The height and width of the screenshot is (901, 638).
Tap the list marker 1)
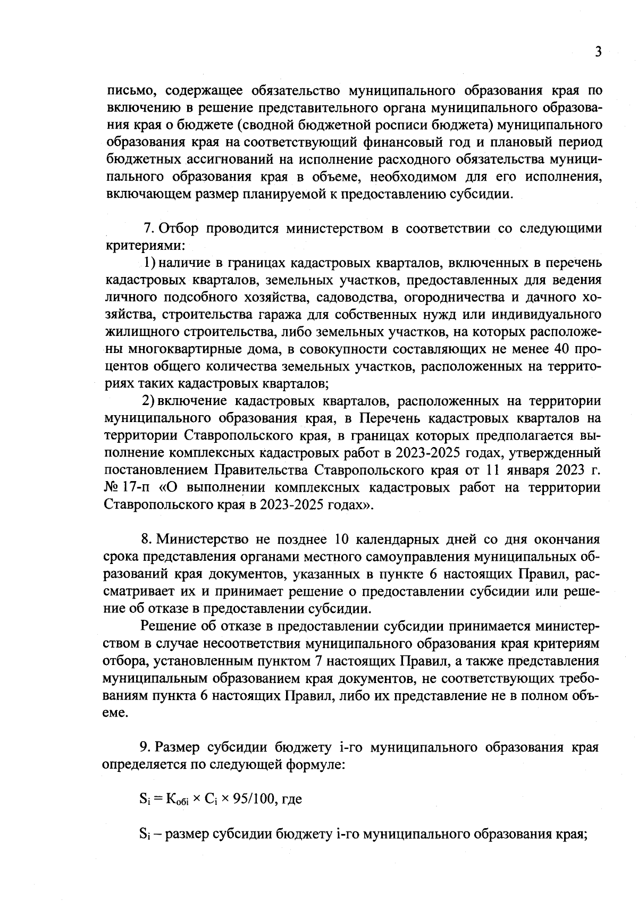[x=150, y=263]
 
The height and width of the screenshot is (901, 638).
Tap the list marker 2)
[x=149, y=401]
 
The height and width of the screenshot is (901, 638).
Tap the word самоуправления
[x=412, y=557]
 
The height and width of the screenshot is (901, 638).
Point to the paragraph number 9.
[x=145, y=747]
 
